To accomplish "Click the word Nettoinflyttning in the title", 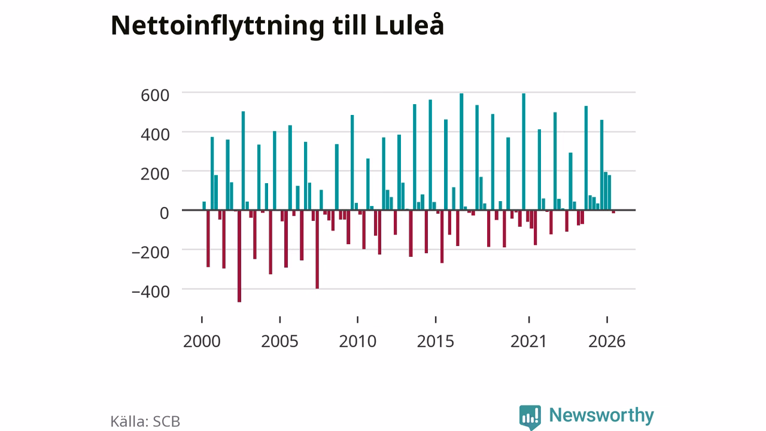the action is (x=217, y=26).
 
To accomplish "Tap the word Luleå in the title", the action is (x=409, y=25).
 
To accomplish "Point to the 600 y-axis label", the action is (x=155, y=95).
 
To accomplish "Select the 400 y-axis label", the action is (x=155, y=135).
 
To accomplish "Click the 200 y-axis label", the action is (x=155, y=174).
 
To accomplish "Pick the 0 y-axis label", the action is (x=165, y=214).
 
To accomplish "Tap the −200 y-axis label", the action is (x=150, y=253).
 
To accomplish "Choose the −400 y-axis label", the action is (x=150, y=292).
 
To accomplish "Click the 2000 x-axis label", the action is (x=202, y=341).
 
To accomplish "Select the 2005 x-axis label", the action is (x=279, y=341).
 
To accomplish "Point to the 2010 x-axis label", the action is (x=358, y=341).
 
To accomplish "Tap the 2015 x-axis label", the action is (x=435, y=341).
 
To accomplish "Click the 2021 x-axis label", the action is (x=528, y=341).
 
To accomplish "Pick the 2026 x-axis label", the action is (x=607, y=341).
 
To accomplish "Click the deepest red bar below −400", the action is (x=239, y=256).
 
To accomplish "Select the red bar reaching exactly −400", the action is (x=317, y=250).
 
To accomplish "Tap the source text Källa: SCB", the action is (x=145, y=421).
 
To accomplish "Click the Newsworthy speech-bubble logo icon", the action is (x=530, y=417).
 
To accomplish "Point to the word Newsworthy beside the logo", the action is (x=601, y=415).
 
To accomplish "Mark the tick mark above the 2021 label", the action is (x=529, y=320).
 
